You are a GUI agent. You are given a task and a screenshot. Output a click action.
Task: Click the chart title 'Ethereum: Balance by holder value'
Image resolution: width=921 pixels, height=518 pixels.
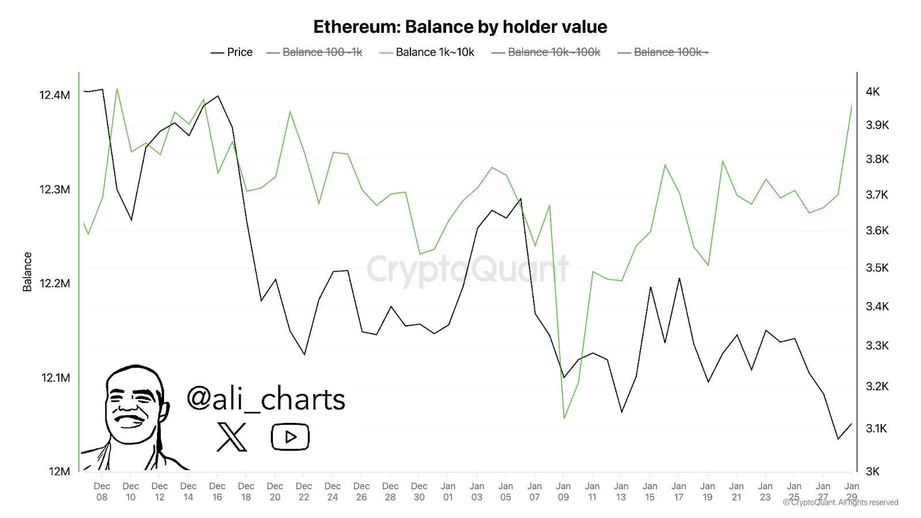tap(460, 27)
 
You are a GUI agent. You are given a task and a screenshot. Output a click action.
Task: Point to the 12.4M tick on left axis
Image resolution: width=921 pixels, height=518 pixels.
tap(55, 95)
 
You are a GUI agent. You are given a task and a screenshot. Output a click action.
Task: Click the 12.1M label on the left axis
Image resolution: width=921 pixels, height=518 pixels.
tap(56, 378)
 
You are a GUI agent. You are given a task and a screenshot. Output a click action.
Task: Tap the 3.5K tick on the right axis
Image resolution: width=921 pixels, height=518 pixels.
tap(877, 268)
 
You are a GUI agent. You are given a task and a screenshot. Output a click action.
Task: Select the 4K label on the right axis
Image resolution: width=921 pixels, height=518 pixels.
tap(873, 92)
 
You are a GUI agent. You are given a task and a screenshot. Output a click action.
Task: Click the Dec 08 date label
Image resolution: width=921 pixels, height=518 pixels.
tap(102, 492)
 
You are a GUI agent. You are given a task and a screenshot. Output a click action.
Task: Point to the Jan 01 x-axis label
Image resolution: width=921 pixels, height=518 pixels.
tap(448, 492)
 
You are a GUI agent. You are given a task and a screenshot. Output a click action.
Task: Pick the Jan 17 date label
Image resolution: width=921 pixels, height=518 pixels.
tap(679, 492)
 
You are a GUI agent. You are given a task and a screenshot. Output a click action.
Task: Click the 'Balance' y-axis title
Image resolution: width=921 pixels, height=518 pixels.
tap(27, 272)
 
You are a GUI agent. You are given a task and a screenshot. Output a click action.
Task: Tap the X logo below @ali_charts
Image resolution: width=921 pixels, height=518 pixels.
tap(232, 437)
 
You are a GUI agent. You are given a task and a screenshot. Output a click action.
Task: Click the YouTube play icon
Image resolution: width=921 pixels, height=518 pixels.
tap(290, 437)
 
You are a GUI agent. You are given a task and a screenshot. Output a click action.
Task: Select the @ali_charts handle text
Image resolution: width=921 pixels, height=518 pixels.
tap(266, 399)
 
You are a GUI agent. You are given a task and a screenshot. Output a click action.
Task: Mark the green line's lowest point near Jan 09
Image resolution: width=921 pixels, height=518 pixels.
tap(564, 418)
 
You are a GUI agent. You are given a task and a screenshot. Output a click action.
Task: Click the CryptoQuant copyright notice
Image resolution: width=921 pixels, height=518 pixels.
tap(840, 502)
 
